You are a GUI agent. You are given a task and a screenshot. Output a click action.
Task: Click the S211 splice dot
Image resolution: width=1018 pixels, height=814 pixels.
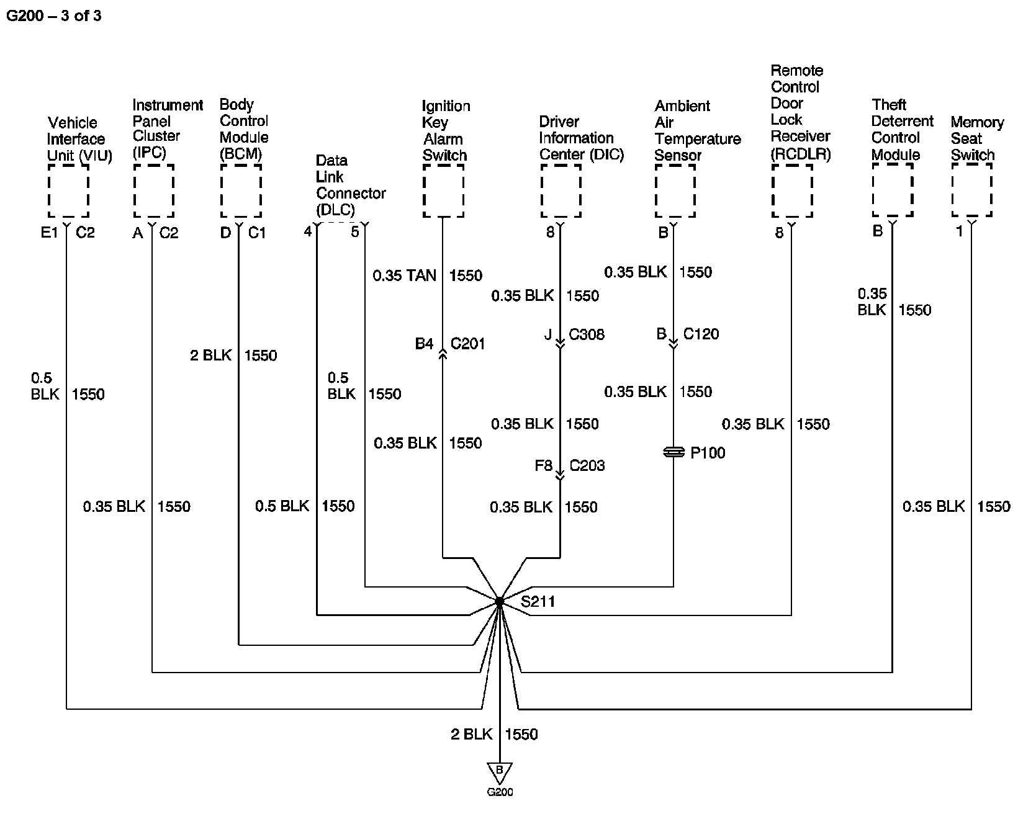tap(500, 601)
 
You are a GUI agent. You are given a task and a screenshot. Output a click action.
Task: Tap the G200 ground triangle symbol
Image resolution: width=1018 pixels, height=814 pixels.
tap(500, 773)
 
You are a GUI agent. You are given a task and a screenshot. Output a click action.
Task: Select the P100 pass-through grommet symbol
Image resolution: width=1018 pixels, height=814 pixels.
tap(673, 453)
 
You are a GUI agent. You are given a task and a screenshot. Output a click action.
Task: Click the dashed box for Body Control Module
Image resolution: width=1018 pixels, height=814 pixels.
tap(241, 190)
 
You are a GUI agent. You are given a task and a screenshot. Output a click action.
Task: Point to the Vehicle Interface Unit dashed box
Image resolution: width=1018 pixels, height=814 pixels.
tap(68, 190)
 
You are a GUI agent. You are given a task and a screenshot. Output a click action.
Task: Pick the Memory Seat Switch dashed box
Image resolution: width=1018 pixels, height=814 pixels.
tap(971, 190)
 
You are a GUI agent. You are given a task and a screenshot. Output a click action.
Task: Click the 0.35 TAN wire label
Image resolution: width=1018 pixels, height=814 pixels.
tap(404, 275)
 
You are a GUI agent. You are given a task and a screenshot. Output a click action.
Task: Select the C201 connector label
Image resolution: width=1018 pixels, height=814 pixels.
tap(467, 344)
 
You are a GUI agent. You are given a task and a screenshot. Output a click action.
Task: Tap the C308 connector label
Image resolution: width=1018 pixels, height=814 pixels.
tap(587, 334)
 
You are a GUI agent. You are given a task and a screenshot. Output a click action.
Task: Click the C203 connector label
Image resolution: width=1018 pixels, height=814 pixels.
tap(587, 465)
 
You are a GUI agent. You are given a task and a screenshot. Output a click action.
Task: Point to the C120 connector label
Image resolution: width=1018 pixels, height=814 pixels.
tap(701, 334)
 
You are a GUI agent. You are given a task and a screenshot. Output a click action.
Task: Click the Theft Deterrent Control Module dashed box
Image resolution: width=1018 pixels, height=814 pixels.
tap(893, 190)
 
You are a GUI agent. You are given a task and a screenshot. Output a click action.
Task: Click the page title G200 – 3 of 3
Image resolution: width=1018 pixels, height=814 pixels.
tap(53, 16)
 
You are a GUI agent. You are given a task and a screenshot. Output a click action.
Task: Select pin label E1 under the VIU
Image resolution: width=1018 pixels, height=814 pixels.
tap(48, 233)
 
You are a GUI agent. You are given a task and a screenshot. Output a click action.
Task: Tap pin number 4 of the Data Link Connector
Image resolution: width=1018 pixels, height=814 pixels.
tap(308, 232)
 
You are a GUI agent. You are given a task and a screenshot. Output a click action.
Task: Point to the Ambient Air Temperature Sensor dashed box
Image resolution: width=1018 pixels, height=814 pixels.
tap(675, 190)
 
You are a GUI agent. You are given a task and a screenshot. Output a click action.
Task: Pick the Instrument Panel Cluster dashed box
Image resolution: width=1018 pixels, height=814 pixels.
tap(153, 190)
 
